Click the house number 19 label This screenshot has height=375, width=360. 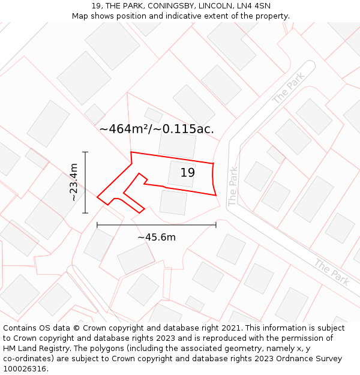pos(187,173)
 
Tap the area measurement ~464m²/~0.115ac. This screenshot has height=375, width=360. pos(157,129)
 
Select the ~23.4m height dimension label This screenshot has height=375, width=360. pos(74,182)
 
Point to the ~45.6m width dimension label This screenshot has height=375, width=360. pos(157,237)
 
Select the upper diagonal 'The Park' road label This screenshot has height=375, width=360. pos(289,88)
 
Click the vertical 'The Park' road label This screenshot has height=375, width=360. pos(233,187)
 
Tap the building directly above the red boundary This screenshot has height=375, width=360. pos(177,144)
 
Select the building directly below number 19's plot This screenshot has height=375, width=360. pos(173,202)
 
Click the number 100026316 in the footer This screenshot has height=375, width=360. pos(26,369)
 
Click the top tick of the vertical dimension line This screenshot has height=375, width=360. pos(85,152)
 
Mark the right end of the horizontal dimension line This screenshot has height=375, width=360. pos(216,225)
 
